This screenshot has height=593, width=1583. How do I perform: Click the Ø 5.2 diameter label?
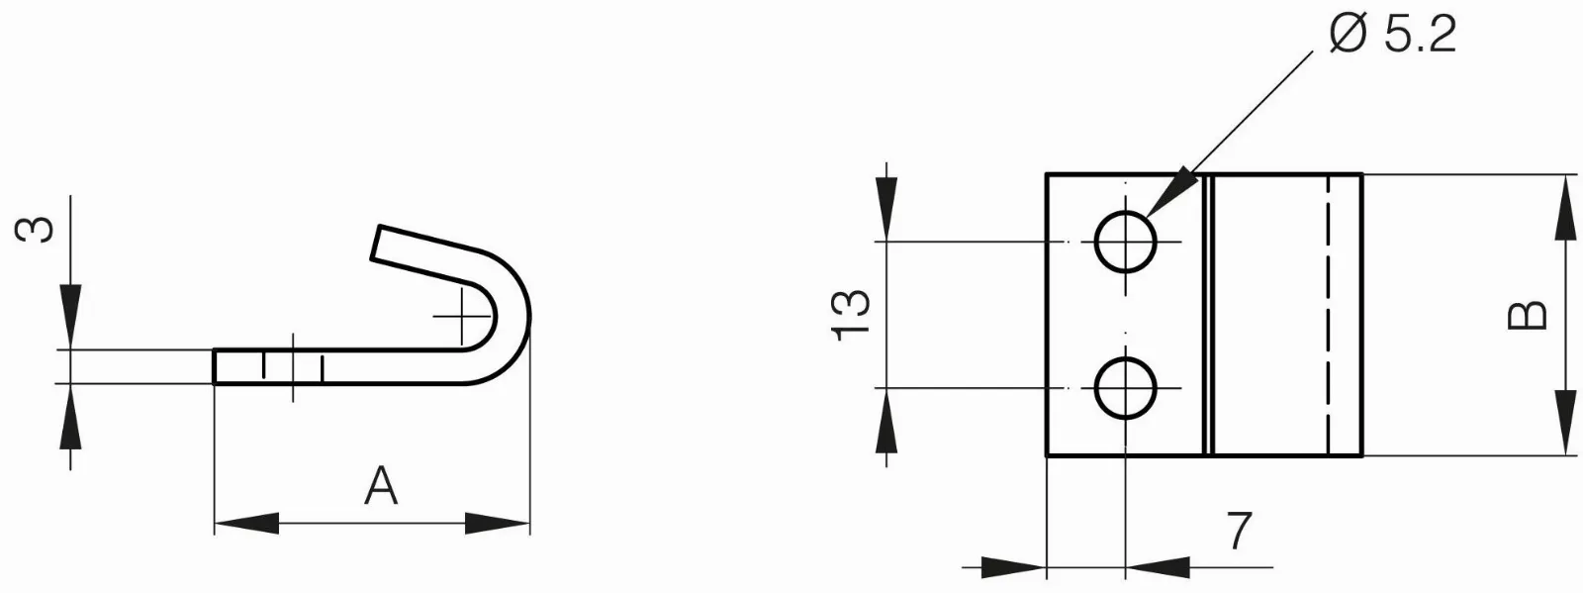1392,35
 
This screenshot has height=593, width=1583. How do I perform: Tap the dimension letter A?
381,485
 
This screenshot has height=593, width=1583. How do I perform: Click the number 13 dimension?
851,315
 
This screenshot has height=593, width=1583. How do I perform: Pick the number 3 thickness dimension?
35,230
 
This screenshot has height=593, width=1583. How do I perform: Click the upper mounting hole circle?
1126,242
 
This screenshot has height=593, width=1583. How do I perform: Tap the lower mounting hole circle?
1126,387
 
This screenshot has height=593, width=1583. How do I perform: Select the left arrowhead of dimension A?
246,524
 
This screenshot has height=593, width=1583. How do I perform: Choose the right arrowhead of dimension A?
498,524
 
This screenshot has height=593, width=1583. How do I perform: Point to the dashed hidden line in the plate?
1330,315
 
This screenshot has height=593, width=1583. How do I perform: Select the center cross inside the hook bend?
462,316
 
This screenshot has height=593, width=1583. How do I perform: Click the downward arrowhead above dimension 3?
70,317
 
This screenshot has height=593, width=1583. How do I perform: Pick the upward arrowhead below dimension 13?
886,421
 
